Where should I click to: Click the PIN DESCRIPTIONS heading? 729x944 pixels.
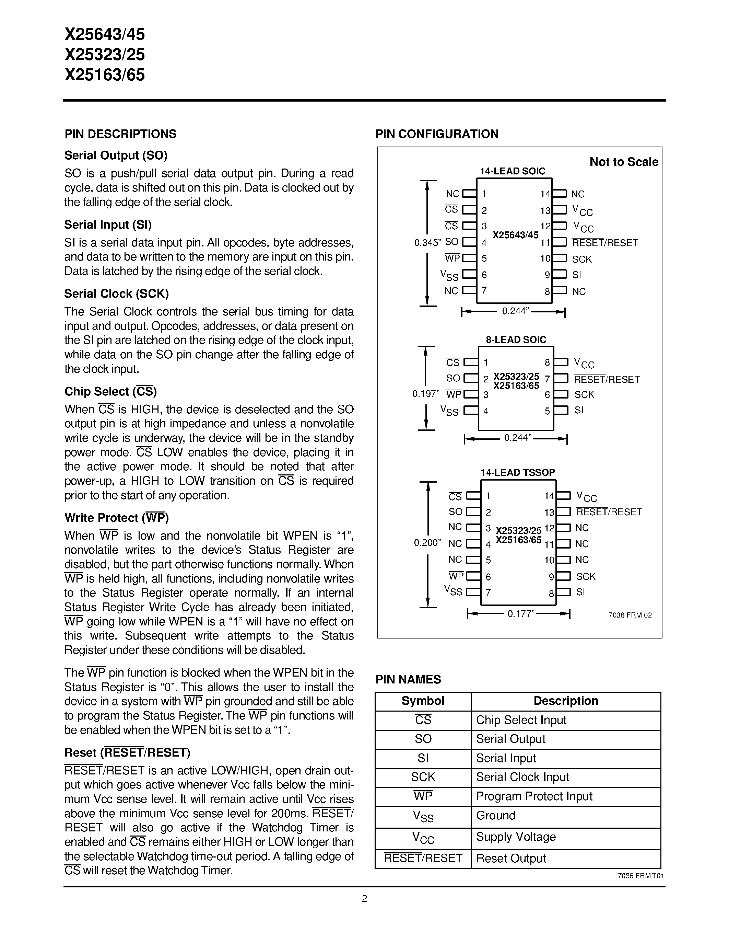120,134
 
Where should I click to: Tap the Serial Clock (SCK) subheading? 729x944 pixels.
116,294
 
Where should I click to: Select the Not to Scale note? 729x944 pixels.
624,162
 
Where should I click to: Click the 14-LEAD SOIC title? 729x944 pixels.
513,171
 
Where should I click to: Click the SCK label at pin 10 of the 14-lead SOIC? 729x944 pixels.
582,259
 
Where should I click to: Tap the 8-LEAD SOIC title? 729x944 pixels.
516,340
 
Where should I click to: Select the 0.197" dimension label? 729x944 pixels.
425,394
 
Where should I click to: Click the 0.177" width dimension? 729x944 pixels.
521,614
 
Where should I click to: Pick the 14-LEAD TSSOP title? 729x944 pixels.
517,472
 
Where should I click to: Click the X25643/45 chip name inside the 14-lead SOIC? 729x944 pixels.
516,235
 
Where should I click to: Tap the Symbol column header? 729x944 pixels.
423,701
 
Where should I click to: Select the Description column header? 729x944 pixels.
566,701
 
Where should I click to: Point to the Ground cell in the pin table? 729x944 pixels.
496,816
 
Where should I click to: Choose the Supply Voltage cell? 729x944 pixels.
516,837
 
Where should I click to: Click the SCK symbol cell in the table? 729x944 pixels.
423,777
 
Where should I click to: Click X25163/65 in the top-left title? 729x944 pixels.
105,75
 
